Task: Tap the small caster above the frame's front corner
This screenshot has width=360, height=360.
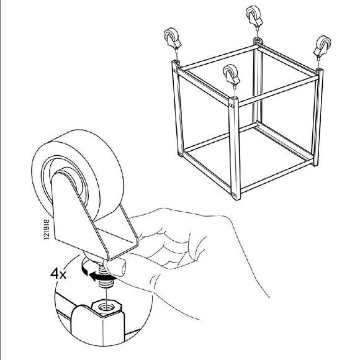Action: [233, 77]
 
